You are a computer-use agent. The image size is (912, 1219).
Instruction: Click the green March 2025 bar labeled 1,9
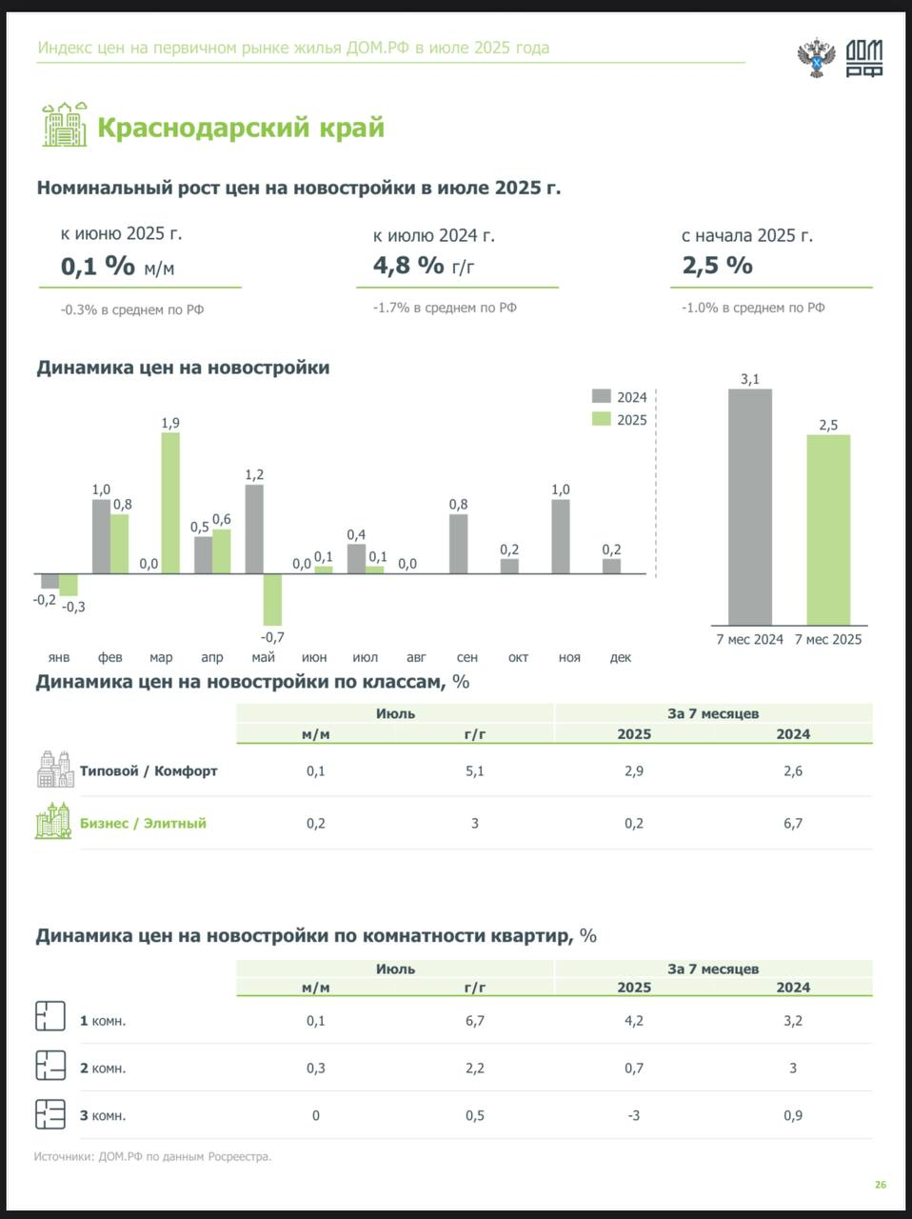[x=170, y=503]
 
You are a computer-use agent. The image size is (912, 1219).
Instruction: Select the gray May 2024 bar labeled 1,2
[x=254, y=529]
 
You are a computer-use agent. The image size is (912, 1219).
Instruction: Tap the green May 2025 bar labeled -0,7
[x=272, y=599]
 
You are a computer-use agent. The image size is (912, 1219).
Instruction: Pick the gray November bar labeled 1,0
[x=561, y=536]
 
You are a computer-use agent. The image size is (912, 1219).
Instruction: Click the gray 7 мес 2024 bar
[x=750, y=507]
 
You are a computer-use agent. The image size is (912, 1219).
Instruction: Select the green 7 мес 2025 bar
[x=828, y=530]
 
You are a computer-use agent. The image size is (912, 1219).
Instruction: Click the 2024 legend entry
[x=620, y=397]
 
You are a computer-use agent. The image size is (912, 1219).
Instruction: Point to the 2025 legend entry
[x=620, y=420]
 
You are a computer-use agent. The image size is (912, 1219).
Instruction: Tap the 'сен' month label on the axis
[x=467, y=657]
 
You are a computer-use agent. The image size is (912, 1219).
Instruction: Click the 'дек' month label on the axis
[x=621, y=657]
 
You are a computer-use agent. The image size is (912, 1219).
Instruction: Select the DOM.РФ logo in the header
[x=864, y=58]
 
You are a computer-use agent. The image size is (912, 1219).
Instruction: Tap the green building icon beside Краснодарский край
[x=64, y=124]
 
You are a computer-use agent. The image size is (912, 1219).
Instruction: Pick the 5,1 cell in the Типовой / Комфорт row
[x=475, y=771]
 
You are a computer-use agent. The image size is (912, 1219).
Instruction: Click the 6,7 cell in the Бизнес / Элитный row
[x=793, y=824]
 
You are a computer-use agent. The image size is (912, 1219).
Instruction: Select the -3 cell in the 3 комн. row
[x=634, y=1116]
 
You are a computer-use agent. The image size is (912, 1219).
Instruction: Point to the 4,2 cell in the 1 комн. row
[x=634, y=1021]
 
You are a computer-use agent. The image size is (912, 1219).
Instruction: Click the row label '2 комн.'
[x=103, y=1069]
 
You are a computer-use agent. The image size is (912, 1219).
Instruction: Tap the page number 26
[x=881, y=1185]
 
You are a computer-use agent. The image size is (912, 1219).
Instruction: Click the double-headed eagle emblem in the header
[x=817, y=58]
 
